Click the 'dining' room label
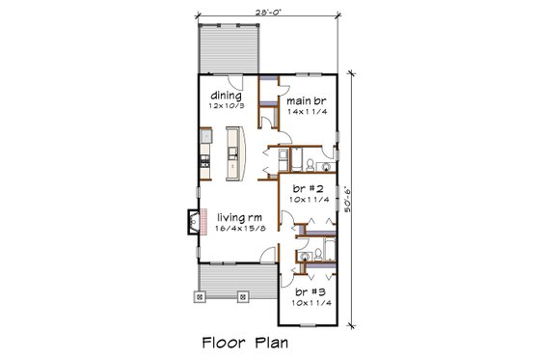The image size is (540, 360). click(225, 96)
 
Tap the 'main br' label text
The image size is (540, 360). click(303, 99)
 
